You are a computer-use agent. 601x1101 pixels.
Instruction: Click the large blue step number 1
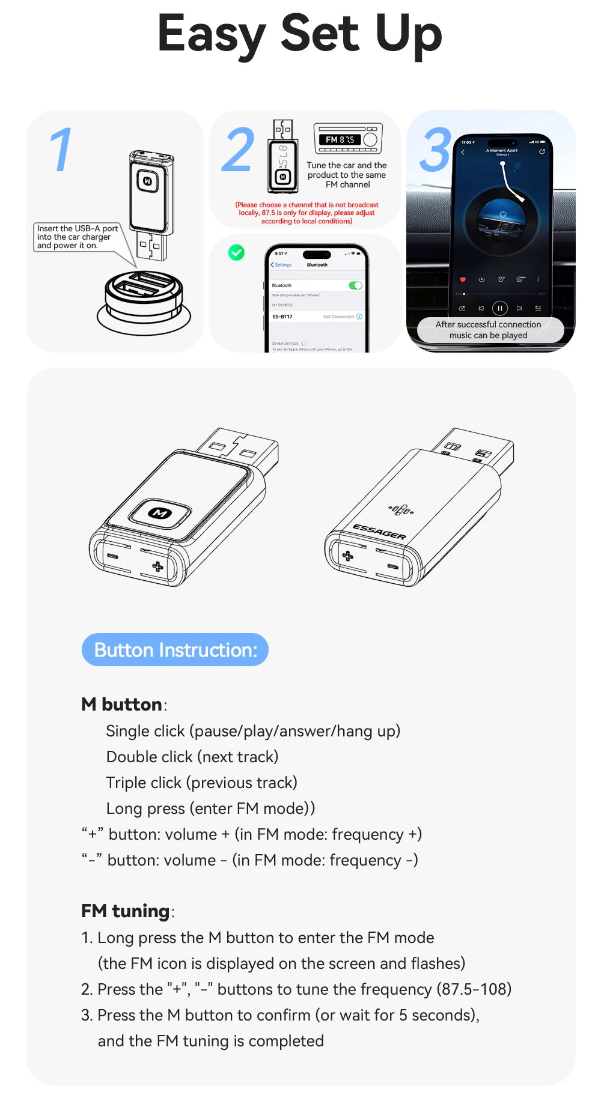tap(61, 150)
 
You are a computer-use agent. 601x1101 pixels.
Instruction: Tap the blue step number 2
tap(238, 150)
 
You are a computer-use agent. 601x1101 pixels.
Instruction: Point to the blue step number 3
tap(436, 150)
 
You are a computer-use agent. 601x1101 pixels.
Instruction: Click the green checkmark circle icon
tap(236, 253)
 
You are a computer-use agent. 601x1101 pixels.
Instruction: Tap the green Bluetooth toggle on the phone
tap(355, 285)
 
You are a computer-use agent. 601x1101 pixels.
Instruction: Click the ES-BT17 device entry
tap(282, 317)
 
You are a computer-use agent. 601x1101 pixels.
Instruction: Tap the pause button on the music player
tap(499, 308)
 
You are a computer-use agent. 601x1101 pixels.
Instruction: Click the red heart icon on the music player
tap(462, 280)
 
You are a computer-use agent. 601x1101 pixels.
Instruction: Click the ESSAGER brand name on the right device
tap(379, 532)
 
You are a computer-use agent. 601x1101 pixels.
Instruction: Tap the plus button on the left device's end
tap(157, 566)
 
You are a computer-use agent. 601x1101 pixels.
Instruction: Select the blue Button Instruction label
tap(175, 650)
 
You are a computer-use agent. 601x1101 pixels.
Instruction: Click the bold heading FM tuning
tap(126, 911)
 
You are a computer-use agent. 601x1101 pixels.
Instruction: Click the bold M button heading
tap(122, 704)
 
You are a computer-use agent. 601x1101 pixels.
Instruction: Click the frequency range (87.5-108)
tap(474, 989)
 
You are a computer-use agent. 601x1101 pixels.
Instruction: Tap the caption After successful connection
tap(488, 324)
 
